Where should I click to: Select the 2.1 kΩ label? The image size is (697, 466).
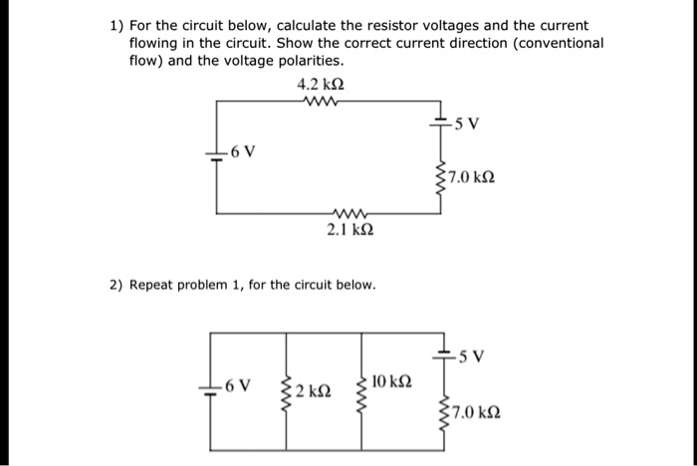coord(350,230)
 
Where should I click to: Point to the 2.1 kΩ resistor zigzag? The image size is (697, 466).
coord(350,212)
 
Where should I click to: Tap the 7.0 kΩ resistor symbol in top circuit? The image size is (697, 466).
coord(439,177)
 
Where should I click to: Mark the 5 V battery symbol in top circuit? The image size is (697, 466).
coord(439,121)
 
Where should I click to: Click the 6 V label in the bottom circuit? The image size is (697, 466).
coord(239,383)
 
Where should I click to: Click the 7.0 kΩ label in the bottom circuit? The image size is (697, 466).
coord(476,410)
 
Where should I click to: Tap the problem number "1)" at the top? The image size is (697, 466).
coord(116,25)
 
